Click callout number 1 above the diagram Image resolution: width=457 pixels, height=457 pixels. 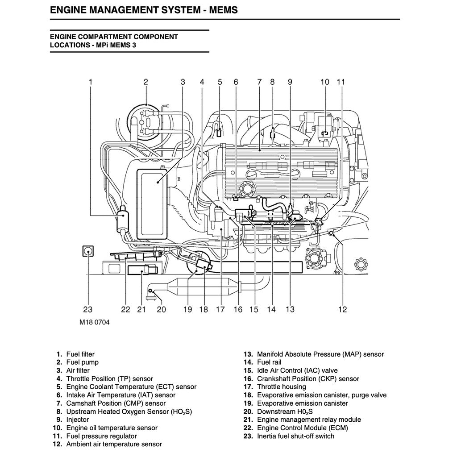pos(91,82)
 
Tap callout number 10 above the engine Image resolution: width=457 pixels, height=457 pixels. pos(325,82)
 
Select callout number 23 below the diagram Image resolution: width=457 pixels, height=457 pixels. pos(87,309)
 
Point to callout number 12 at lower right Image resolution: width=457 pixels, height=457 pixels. pos(342,309)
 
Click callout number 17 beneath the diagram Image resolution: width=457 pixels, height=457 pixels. pos(220,309)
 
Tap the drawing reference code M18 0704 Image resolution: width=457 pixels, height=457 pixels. pos(94,322)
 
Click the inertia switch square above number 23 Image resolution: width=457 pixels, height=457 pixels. pos(88,252)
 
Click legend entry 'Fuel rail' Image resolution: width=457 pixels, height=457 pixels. pos(269,362)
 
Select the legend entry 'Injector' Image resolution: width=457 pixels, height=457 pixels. pos(78,420)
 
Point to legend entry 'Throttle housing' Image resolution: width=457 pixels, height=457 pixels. pos(281,387)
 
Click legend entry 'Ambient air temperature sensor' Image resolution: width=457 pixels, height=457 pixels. pos(114,444)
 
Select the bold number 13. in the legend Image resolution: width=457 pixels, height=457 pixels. pos(248,354)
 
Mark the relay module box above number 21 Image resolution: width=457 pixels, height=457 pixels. pos(141,270)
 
